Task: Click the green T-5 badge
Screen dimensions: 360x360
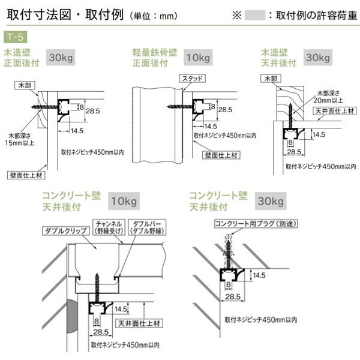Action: [x=19, y=46]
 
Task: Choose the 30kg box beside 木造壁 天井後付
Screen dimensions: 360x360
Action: [x=318, y=59]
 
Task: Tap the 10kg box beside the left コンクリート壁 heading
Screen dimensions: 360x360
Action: [x=124, y=200]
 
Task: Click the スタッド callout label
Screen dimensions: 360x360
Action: [x=192, y=79]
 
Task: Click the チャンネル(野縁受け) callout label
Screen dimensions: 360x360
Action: [x=109, y=227]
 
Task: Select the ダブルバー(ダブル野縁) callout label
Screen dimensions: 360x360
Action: [x=146, y=227]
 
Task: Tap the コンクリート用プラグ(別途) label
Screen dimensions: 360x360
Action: [x=252, y=224]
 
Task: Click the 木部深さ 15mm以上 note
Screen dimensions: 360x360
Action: [x=20, y=139]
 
